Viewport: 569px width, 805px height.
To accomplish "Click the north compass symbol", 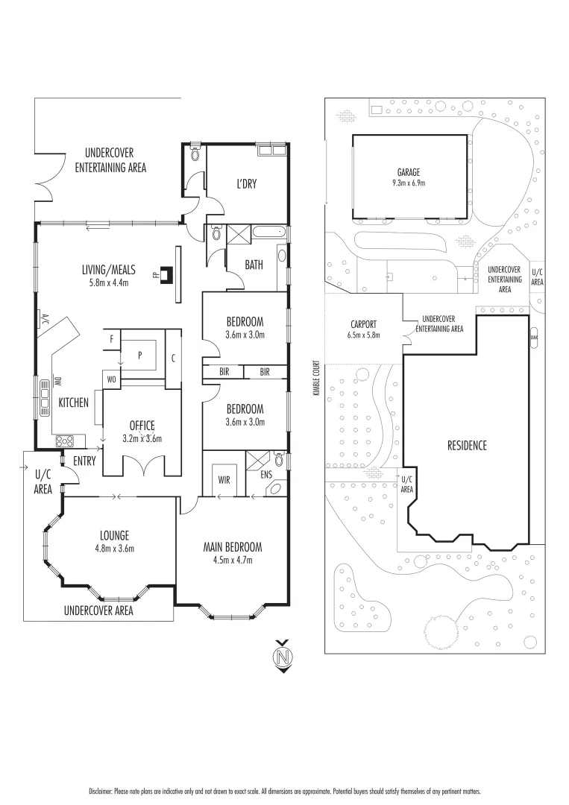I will pos(282,656).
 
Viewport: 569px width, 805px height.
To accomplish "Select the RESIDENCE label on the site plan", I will pos(467,446).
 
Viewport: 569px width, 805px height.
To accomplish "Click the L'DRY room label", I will pos(246,183).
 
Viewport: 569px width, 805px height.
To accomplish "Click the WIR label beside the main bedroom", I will pos(223,479).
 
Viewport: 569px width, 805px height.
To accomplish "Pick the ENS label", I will pos(267,473).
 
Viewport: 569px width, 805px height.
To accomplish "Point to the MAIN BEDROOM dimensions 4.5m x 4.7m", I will pos(233,560).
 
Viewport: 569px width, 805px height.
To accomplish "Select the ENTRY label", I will pos(84,461).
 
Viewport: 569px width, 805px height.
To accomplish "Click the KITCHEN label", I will pos(73,402).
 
